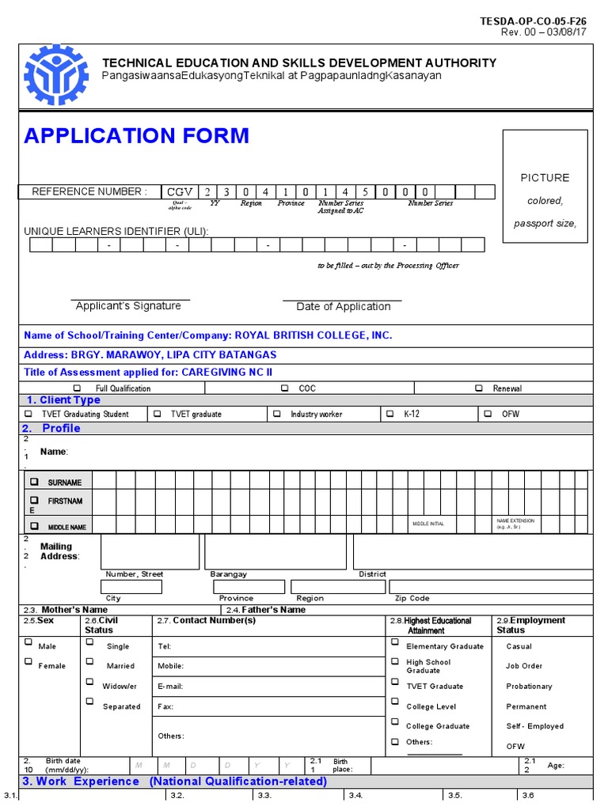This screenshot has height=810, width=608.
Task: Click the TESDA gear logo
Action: click(57, 75)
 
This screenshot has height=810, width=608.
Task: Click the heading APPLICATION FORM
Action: click(136, 136)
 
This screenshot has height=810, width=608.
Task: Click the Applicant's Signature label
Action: click(127, 306)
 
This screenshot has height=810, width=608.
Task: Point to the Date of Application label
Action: click(344, 307)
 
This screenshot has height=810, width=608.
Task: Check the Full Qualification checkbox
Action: click(77, 388)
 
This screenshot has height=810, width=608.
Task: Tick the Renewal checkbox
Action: click(478, 388)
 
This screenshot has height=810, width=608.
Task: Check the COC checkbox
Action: click(284, 388)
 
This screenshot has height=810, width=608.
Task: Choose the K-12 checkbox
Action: click(389, 414)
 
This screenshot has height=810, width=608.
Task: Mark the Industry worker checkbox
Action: click(276, 414)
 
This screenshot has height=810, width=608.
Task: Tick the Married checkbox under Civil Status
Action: click(89, 662)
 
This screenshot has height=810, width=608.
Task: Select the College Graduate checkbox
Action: click(394, 722)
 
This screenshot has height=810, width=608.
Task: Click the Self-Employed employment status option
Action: click(534, 726)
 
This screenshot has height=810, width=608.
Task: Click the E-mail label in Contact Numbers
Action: click(170, 687)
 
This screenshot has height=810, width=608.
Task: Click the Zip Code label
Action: click(412, 599)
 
